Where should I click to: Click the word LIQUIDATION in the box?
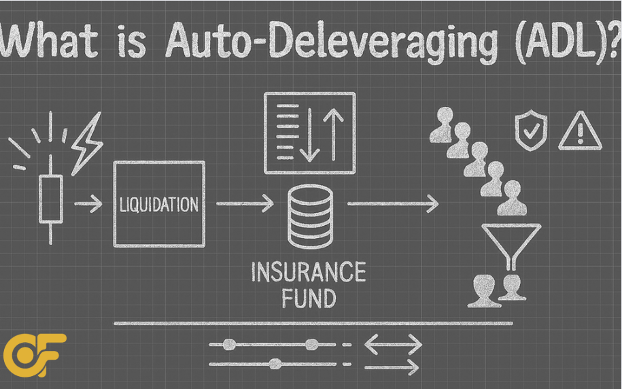pos(160,203)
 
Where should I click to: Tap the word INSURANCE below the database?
pos(309,273)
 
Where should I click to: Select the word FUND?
pos(309,298)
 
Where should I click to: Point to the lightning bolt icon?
pos(86,143)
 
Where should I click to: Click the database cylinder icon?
pos(309,217)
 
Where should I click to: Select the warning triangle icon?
pos(579,131)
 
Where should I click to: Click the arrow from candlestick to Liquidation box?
pos(88,203)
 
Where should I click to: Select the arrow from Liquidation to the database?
pos(245,203)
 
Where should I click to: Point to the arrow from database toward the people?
pos(392,203)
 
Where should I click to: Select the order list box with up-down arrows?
pos(309,132)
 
